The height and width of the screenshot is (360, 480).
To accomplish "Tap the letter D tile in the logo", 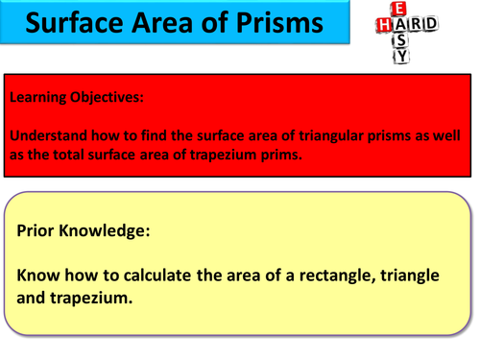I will click(436, 25).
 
